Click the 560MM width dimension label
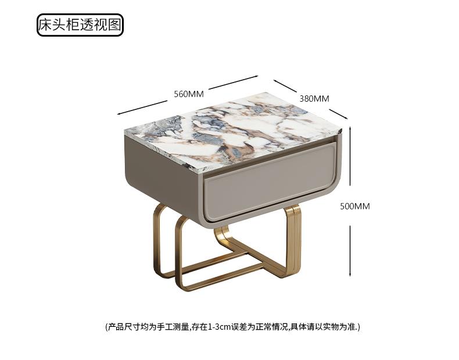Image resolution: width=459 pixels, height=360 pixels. coord(188,94)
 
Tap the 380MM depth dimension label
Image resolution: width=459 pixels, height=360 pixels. coord(314,98)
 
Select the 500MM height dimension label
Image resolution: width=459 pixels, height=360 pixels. coord(355,206)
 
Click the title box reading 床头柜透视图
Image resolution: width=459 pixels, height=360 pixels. coord(80,25)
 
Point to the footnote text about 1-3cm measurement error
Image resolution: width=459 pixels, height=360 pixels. coord(233,327)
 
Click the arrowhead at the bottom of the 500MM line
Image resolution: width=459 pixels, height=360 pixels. coord(350,273)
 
